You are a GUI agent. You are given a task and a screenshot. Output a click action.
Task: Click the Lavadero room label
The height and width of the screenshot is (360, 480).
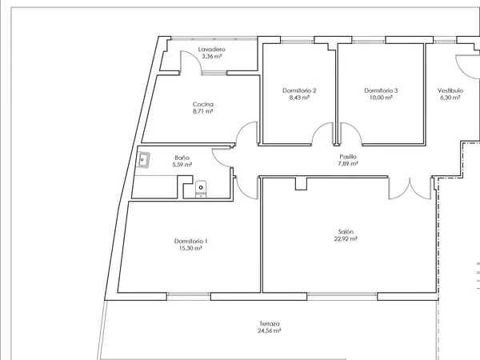point(211,50)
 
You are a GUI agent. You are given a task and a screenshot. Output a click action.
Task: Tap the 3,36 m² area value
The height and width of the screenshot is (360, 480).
point(211,56)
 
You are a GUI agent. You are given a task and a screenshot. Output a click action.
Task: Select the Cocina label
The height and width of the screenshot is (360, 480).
point(203,104)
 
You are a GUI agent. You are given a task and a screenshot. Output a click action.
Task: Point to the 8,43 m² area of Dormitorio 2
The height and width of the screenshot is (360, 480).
point(299,98)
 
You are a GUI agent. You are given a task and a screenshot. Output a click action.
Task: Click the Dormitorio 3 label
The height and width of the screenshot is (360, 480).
point(381,90)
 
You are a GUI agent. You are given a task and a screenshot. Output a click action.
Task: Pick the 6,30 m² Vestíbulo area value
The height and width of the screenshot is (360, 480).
point(450,98)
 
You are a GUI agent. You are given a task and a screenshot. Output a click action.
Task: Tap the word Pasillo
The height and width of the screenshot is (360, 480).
point(348,157)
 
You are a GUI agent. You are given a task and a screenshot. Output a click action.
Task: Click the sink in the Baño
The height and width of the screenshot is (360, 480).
point(143,160)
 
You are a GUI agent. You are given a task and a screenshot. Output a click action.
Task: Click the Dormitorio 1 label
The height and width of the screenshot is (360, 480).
point(190,242)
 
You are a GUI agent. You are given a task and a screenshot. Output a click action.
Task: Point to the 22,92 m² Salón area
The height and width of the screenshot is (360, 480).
point(346,238)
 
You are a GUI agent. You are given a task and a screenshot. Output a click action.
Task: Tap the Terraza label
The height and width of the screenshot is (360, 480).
point(270,323)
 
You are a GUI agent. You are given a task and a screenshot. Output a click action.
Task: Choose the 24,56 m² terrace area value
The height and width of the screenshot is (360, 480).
point(270,331)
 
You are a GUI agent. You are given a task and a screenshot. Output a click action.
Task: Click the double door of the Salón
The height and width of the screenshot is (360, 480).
point(410,188)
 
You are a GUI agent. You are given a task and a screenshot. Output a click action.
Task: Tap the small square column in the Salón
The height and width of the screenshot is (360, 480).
point(301,184)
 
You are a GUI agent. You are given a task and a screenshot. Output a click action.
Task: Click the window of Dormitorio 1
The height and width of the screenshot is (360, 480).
point(189,294)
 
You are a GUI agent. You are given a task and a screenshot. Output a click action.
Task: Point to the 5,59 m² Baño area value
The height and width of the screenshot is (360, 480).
point(182,165)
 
